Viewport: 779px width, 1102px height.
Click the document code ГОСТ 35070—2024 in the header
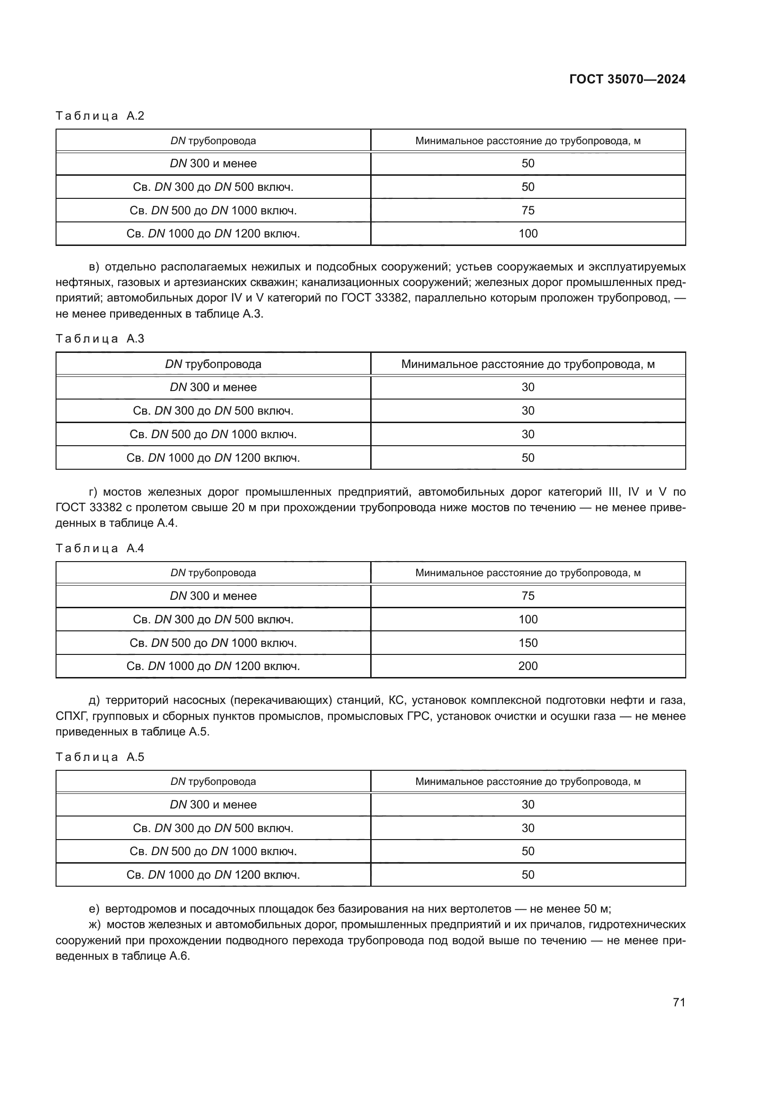click(x=627, y=79)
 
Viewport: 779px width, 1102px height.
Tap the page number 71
click(x=679, y=1002)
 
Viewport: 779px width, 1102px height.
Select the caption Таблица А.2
click(x=100, y=116)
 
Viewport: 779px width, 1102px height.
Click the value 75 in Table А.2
click(x=527, y=210)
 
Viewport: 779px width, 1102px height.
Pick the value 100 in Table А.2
click(x=527, y=234)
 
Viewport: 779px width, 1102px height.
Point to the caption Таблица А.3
click(x=100, y=339)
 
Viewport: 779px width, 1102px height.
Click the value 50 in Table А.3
click(x=527, y=457)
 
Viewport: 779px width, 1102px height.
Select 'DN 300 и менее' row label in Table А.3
click(x=213, y=387)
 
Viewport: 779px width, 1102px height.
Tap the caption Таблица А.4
click(x=100, y=548)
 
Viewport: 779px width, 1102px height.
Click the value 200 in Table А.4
click(x=527, y=666)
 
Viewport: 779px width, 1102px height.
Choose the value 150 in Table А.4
click(x=527, y=643)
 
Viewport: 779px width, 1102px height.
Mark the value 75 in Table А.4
click(x=527, y=596)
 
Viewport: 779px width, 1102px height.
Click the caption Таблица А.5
click(x=100, y=757)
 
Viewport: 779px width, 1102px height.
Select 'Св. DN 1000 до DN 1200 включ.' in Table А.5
click(x=213, y=874)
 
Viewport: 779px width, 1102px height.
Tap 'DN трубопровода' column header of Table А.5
click(x=213, y=781)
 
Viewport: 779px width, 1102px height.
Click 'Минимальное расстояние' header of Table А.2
click(x=527, y=140)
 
